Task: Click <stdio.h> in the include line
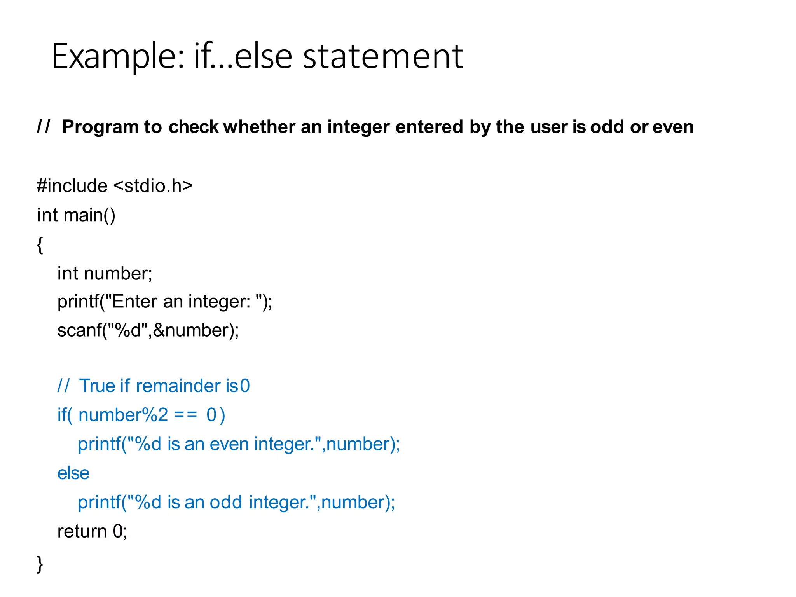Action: click(153, 186)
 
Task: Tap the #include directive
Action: click(72, 186)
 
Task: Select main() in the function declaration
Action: click(90, 215)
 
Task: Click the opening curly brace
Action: click(40, 245)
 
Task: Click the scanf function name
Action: click(79, 331)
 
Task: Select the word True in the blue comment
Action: click(98, 386)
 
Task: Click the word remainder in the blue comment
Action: click(178, 386)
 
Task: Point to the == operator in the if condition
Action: click(185, 415)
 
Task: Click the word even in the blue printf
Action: click(229, 444)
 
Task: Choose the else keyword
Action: click(73, 473)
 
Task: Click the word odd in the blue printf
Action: click(226, 503)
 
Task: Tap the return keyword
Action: click(82, 531)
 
